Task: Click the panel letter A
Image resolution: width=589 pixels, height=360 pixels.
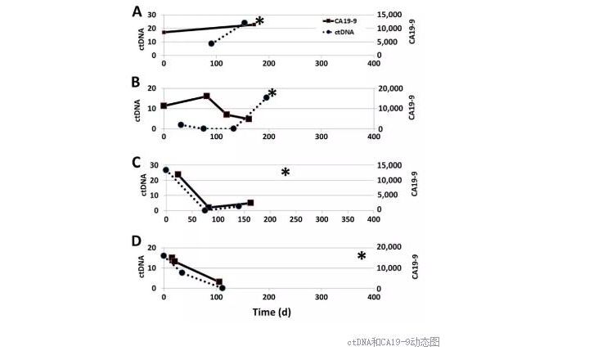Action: (138, 11)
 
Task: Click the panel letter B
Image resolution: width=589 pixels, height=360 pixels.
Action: (138, 84)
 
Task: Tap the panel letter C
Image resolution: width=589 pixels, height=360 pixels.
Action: (138, 161)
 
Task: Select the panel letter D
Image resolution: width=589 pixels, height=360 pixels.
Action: (138, 243)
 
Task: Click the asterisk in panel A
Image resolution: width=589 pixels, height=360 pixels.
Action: (260, 21)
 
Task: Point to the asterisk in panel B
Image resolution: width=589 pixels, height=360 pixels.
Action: (272, 93)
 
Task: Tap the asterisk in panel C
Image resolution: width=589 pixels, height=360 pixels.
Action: (286, 173)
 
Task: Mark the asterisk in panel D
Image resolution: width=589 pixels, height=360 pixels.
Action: (362, 257)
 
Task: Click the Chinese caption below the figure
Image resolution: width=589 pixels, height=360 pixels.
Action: (393, 341)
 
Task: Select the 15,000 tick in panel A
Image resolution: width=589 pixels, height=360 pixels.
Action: (389, 16)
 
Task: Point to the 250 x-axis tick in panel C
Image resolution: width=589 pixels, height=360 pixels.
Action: (270, 219)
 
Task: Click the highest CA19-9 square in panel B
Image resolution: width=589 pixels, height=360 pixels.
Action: (207, 96)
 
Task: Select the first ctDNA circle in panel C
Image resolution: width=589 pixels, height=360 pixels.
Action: (166, 170)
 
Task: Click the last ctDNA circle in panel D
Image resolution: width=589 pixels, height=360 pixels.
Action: (222, 288)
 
